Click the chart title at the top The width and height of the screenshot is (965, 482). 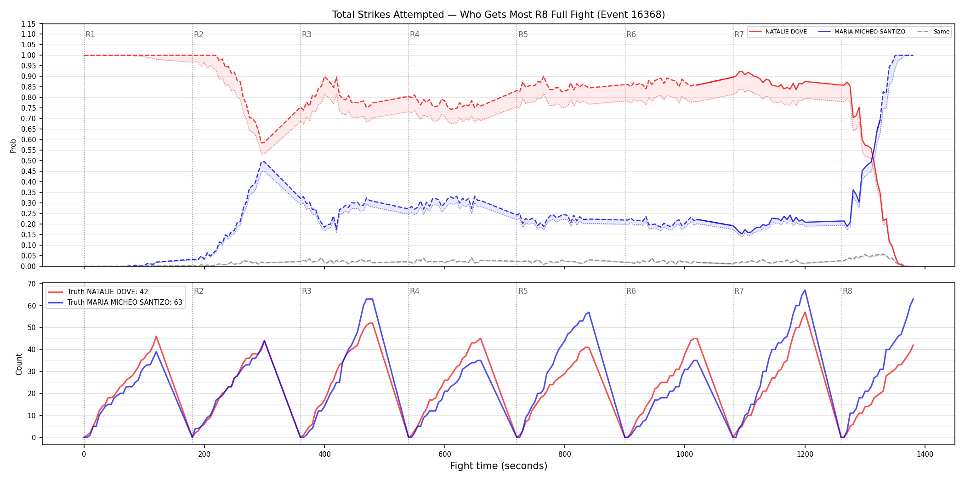pos(499,15)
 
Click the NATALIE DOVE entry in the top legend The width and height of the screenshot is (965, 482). pos(786,32)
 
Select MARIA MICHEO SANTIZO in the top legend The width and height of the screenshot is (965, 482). pos(869,32)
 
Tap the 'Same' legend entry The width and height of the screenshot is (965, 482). pos(941,32)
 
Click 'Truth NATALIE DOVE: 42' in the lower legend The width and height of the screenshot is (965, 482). pos(108,292)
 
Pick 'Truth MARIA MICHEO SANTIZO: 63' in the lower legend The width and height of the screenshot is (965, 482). pos(125,303)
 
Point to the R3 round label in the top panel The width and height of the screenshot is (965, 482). pos(307,34)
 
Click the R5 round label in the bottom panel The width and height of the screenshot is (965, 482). pos(523,291)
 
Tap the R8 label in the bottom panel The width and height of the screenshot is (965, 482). pos(847,291)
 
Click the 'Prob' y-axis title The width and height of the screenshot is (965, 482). pos(13,146)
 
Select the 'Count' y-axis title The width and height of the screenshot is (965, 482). pos(19,364)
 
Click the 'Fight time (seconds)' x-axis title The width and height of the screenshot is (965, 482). pos(499,466)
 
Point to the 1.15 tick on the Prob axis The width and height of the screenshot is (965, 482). pos(28,24)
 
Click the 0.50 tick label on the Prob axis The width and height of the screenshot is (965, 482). pos(28,161)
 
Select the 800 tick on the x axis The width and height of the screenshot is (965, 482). pos(564,454)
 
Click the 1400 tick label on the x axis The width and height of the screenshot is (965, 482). pos(925,454)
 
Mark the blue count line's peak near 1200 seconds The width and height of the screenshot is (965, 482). pos(805,290)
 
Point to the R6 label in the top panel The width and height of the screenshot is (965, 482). pos(631,34)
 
